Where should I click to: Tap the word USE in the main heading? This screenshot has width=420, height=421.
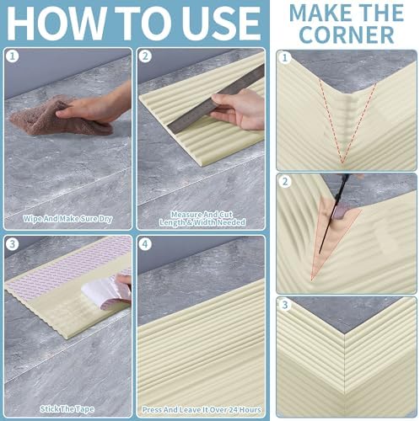(223, 23)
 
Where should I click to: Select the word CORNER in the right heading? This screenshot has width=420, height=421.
(347, 35)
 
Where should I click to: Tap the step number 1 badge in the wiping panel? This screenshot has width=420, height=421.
(12, 56)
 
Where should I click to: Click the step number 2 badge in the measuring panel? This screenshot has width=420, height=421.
(145, 56)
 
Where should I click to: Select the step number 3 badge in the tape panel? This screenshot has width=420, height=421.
(12, 243)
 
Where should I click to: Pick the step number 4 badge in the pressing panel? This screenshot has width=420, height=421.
(145, 243)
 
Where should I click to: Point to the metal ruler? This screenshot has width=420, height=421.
(216, 99)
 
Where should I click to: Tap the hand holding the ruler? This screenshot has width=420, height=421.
(239, 110)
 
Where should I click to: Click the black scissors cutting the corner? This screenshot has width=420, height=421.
(335, 213)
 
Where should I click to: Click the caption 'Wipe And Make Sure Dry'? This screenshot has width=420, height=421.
(67, 219)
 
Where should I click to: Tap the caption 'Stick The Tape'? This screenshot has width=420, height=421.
(67, 409)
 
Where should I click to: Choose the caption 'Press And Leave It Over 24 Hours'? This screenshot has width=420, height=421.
(202, 410)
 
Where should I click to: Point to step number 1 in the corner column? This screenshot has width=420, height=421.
(285, 58)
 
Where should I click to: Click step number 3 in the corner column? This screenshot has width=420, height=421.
(285, 305)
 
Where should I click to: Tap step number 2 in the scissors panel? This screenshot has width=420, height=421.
(285, 182)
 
